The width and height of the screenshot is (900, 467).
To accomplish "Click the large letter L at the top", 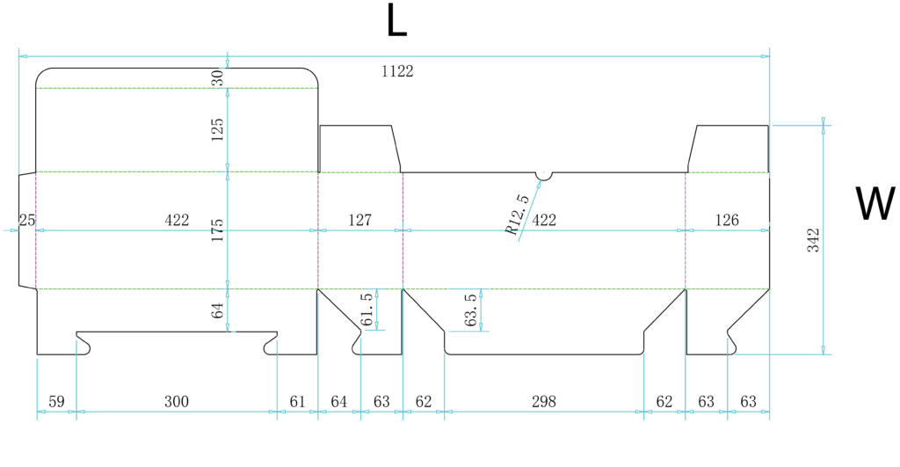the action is coord(396,20).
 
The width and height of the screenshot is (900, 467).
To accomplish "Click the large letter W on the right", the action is coord(875,203).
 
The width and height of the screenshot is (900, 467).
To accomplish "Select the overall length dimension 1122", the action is coord(397,71).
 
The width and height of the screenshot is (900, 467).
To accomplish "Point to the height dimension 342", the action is coord(813,240).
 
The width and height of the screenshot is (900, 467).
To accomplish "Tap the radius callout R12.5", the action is coord(518,215).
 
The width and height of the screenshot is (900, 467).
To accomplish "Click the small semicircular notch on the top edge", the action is coord(543,176).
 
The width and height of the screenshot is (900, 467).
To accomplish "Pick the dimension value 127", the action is coord(359,220).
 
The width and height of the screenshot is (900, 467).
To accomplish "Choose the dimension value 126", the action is coord(727,220).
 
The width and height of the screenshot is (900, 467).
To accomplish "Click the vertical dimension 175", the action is coord(217,230).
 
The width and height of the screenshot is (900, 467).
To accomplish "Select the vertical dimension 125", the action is coord(217,130).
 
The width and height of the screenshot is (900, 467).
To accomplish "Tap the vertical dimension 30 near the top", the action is coord(217,77).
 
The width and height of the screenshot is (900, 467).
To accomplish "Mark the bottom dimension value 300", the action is coord(176,402).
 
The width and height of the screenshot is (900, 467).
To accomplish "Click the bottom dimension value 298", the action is coord(543,402).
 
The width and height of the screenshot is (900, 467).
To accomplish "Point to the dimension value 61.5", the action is coord(367,310).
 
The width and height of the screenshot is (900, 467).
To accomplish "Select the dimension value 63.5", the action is coord(471,310).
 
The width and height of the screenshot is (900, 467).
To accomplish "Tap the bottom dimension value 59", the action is coord(56,402).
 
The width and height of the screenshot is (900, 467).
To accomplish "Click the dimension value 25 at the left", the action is coord(27,220).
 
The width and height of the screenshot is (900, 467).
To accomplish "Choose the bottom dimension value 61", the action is coord(297,402).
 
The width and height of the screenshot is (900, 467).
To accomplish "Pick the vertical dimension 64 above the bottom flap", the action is coord(217,310).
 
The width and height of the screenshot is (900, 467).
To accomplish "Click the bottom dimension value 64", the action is coord(338,402).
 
